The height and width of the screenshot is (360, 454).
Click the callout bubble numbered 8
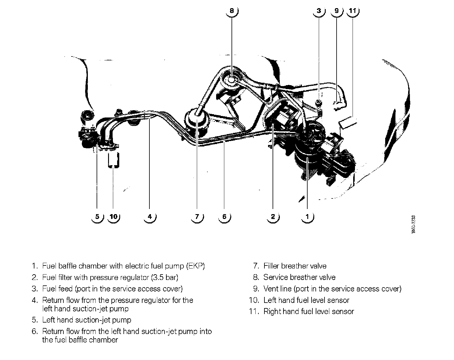click(x=232, y=11)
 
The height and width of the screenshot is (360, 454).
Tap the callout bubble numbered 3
click(x=319, y=11)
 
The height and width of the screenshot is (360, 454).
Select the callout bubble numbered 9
click(x=337, y=11)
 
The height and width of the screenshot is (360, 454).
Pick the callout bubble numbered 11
click(x=352, y=11)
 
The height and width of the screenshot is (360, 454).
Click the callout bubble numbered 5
click(x=97, y=217)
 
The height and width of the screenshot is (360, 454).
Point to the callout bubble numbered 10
click(x=113, y=217)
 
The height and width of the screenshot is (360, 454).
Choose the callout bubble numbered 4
click(x=150, y=217)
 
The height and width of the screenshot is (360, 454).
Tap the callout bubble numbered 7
click(x=197, y=217)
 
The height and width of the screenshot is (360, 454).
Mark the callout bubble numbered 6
click(x=224, y=217)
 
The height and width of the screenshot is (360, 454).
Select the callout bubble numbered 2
click(x=273, y=217)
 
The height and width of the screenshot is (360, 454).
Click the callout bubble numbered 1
click(x=307, y=217)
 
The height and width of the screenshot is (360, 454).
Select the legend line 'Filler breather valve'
click(x=295, y=266)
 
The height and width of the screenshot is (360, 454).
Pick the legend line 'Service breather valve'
click(x=299, y=277)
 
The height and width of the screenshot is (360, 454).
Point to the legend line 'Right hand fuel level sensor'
click(x=309, y=311)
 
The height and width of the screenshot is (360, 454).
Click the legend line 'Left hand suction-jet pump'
click(x=87, y=320)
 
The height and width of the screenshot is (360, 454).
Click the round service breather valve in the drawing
click(x=232, y=80)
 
